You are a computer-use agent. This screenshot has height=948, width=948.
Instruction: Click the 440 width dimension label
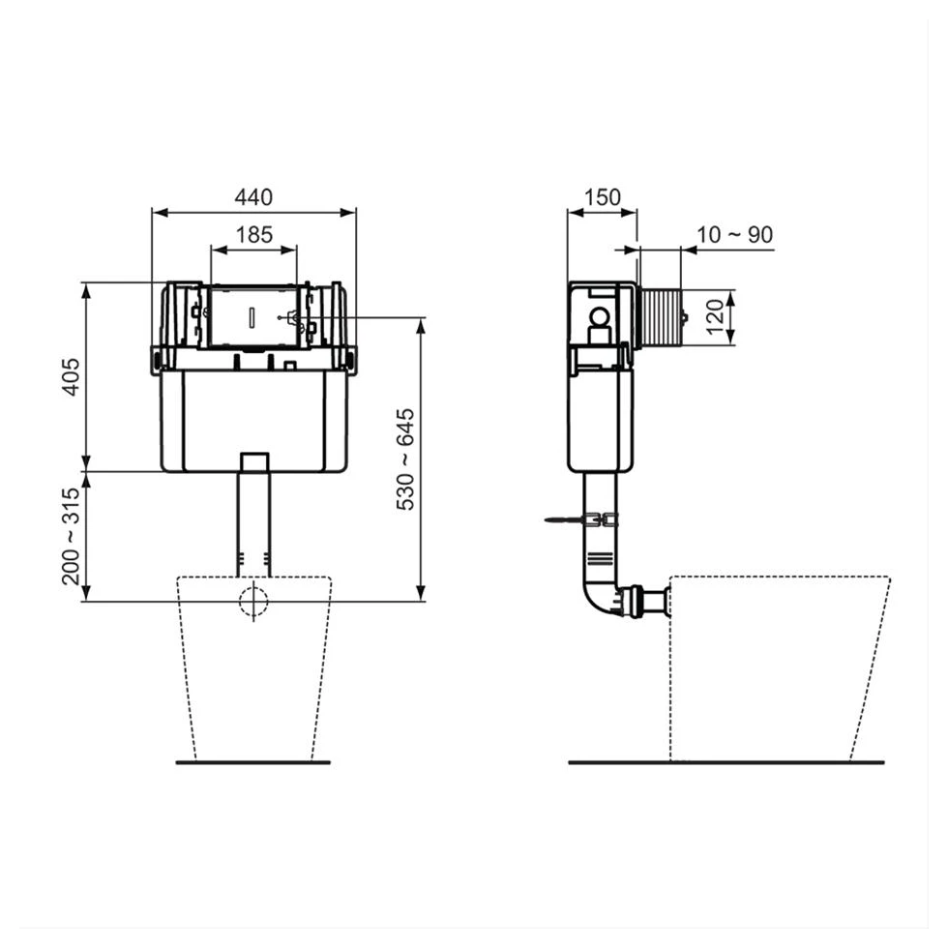[x=254, y=197]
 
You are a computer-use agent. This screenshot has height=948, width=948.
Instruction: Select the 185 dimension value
[x=254, y=235]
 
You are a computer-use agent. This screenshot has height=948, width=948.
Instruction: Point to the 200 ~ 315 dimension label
[x=70, y=537]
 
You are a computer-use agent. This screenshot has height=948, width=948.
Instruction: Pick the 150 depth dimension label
[x=602, y=197]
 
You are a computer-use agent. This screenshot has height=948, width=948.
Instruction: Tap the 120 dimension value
[x=715, y=315]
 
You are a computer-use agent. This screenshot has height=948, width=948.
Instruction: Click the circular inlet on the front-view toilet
[x=253, y=601]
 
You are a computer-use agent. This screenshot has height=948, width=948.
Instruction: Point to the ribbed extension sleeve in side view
[x=661, y=316]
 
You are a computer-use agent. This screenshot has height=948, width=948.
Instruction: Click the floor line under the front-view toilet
[x=253, y=762]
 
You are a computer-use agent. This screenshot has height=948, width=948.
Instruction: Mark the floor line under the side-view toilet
[x=726, y=762]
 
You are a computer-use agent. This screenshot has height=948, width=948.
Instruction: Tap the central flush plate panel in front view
[x=253, y=315]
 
